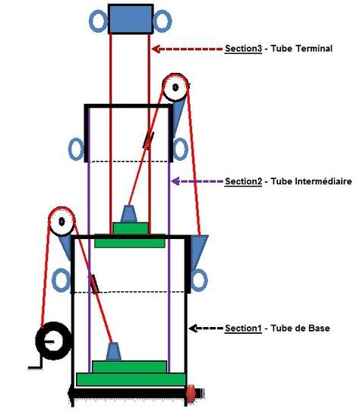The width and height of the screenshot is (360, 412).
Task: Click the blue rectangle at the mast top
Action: (131, 19)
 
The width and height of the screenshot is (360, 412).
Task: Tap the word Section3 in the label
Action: (243, 49)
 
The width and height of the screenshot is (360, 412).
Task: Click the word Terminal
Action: (314, 49)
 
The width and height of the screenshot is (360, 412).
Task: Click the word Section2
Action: (243, 181)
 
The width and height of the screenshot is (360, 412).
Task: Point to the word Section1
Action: (243, 329)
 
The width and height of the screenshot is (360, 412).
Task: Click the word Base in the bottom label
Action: (319, 329)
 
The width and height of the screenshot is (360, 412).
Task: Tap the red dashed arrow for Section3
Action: (187, 49)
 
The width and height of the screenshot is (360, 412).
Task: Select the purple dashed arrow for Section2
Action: (197, 181)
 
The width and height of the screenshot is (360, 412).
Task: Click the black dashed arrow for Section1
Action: (206, 329)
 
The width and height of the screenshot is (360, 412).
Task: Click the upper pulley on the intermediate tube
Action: (175, 87)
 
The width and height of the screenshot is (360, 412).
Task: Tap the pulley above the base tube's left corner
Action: (62, 222)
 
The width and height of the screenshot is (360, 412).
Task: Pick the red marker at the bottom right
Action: (191, 393)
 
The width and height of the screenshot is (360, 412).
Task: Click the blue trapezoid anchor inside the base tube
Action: (114, 351)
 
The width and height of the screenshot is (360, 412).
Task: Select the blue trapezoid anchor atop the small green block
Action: (129, 214)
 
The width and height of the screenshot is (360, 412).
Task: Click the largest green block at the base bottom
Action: (131, 379)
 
